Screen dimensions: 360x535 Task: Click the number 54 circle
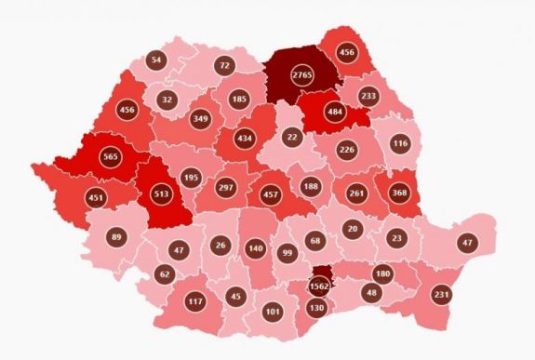(156, 60)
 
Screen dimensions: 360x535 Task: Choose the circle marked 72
(223, 65)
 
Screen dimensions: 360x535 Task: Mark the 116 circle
(401, 144)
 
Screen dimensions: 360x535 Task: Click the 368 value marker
(399, 193)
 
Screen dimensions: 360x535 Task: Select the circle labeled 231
(442, 294)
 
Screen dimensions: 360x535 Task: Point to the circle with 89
(115, 238)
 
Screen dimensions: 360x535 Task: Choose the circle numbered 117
(194, 300)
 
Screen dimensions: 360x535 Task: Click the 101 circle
(272, 312)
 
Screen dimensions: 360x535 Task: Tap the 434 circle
(245, 139)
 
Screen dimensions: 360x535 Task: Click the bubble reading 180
(382, 273)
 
